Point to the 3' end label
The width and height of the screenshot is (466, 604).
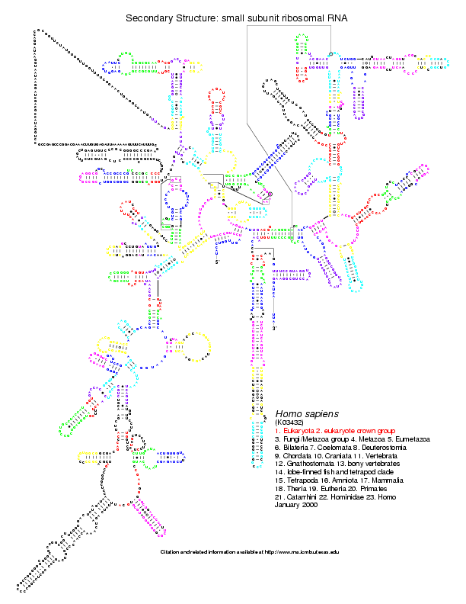[x=276, y=328]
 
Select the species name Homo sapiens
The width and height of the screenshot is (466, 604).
[x=302, y=413]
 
